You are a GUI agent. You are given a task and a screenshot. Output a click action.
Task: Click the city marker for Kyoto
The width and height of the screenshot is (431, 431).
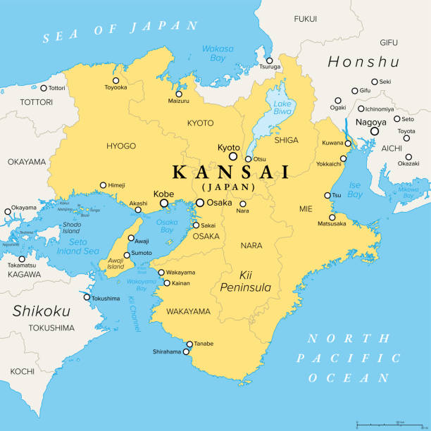click(x=233, y=156)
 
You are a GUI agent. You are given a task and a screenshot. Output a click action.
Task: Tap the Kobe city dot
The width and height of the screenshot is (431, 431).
click(x=165, y=203)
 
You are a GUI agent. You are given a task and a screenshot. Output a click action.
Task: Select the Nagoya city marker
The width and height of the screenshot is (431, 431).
click(x=375, y=130)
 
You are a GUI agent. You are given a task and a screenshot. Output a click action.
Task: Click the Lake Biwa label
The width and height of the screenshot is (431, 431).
click(x=282, y=108)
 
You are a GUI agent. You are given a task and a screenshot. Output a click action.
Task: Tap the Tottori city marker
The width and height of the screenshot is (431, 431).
click(x=44, y=88)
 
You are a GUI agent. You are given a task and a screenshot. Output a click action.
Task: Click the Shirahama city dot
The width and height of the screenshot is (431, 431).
click(x=187, y=352)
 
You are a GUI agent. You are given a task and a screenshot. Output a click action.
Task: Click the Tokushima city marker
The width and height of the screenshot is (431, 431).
click(x=87, y=297)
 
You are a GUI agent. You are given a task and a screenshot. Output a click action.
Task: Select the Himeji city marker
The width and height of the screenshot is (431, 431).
click(x=103, y=185)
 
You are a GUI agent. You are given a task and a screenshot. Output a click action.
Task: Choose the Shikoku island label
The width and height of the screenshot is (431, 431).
click(x=42, y=311)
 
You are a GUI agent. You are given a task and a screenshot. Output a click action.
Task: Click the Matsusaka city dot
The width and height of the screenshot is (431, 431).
click(x=332, y=217)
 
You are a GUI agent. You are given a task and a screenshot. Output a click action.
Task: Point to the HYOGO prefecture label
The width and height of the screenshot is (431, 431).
click(x=120, y=146)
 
